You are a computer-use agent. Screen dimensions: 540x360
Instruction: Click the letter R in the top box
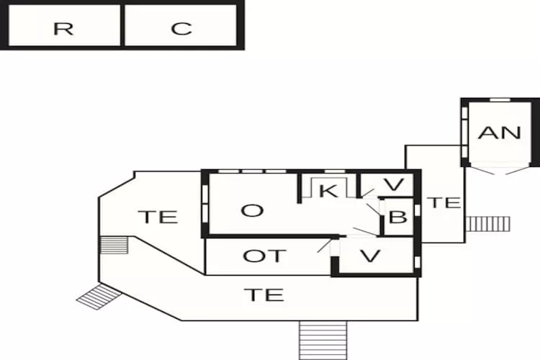coord(63,29)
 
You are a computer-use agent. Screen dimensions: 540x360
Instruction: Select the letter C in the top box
coord(181,29)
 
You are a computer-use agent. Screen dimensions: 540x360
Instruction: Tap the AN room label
coord(500,132)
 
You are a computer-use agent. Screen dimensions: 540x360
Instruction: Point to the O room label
coord(253,210)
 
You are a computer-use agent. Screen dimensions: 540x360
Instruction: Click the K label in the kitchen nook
coord(329,191)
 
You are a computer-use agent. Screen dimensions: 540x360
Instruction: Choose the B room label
coord(397,217)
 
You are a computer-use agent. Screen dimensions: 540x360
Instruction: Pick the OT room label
coord(264,256)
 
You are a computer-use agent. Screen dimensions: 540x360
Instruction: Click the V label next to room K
coord(394,184)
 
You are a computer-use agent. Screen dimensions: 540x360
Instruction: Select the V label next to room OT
coord(370,256)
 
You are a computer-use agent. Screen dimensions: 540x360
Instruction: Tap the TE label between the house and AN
coord(445,202)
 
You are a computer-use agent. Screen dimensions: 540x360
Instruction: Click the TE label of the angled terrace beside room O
coord(158,217)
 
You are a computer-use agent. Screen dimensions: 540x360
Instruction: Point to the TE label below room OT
coord(264,295)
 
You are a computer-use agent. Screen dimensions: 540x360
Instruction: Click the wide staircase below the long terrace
coord(323,341)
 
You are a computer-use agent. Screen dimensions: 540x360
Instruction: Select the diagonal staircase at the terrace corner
coord(99,296)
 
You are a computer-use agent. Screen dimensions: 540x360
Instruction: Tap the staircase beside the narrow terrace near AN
coord(487,224)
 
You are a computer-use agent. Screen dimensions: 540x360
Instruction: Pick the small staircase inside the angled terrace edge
coord(114,245)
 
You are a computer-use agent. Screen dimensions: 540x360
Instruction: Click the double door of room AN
coord(500,170)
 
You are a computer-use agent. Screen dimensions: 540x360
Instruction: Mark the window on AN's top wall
coord(500,100)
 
